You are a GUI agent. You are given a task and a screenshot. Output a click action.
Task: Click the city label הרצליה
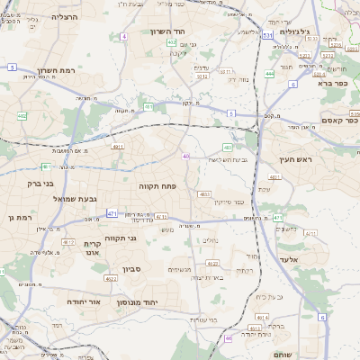coord(65,17)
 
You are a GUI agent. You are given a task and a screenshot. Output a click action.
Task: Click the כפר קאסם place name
coord(338,120)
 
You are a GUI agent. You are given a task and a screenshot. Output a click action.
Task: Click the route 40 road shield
coord(185,157)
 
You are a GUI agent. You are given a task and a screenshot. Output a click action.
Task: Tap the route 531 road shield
coord(267,35)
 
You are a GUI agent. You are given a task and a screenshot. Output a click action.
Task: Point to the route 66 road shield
coord(229,338)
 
